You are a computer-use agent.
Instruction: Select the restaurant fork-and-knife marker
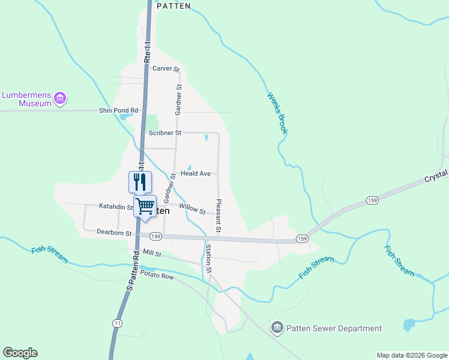click(140, 181)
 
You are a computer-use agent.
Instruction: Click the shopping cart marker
click(145, 206)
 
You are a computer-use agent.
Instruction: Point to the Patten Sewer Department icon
click(277, 328)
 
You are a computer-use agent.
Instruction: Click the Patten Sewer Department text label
click(334, 328)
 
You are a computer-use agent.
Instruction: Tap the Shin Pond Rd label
click(118, 110)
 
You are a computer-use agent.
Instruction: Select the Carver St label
click(166, 69)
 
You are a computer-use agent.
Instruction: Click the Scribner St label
click(165, 133)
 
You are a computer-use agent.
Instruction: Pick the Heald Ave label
click(196, 173)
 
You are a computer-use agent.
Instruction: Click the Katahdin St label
click(116, 207)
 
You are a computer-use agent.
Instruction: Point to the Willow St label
click(192, 209)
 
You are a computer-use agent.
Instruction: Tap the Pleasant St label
click(218, 215)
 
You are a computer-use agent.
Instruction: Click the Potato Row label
click(157, 275)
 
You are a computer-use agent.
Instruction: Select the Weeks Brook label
click(278, 113)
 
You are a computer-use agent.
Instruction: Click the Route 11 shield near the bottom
click(116, 323)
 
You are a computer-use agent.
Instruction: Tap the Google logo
click(20, 353)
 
